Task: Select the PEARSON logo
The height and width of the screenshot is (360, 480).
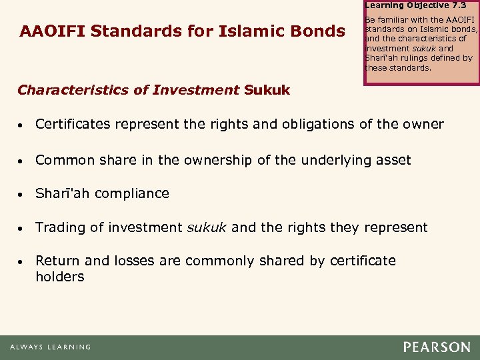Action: coord(436,347)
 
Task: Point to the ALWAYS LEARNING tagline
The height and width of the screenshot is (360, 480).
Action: coord(51,347)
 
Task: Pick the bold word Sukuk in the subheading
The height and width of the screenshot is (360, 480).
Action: coord(267,90)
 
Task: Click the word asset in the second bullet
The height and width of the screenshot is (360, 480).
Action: coord(393,160)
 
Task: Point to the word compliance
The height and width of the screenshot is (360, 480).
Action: coord(132,194)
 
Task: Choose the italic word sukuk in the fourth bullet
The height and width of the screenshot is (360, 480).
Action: coord(205,228)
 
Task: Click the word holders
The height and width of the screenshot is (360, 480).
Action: coord(59,276)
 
